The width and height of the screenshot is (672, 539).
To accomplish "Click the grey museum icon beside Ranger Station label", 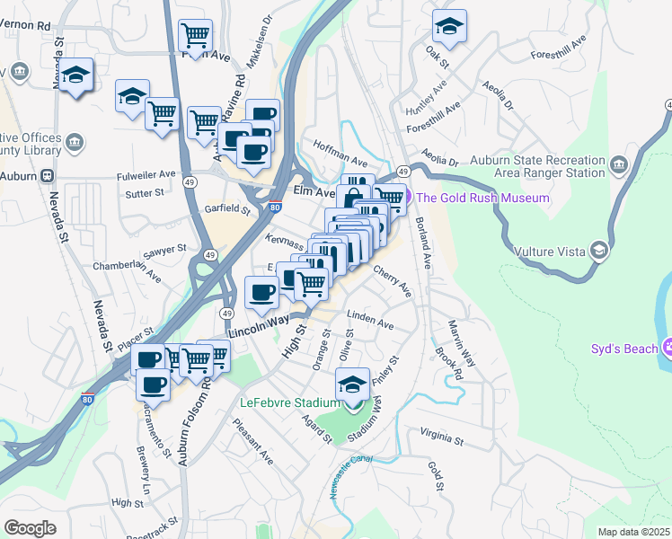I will click(618, 165).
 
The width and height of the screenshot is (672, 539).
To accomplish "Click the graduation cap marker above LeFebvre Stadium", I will click(353, 384).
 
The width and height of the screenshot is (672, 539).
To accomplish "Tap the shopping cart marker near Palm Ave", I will click(196, 35).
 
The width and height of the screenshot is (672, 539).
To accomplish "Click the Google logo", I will click(30, 528).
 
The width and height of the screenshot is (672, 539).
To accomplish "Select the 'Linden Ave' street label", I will click(370, 320).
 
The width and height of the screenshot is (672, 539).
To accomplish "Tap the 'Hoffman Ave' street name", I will click(340, 153).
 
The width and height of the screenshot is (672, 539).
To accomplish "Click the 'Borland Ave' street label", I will click(421, 243).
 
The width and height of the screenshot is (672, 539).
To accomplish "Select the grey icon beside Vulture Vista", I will click(598, 252).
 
